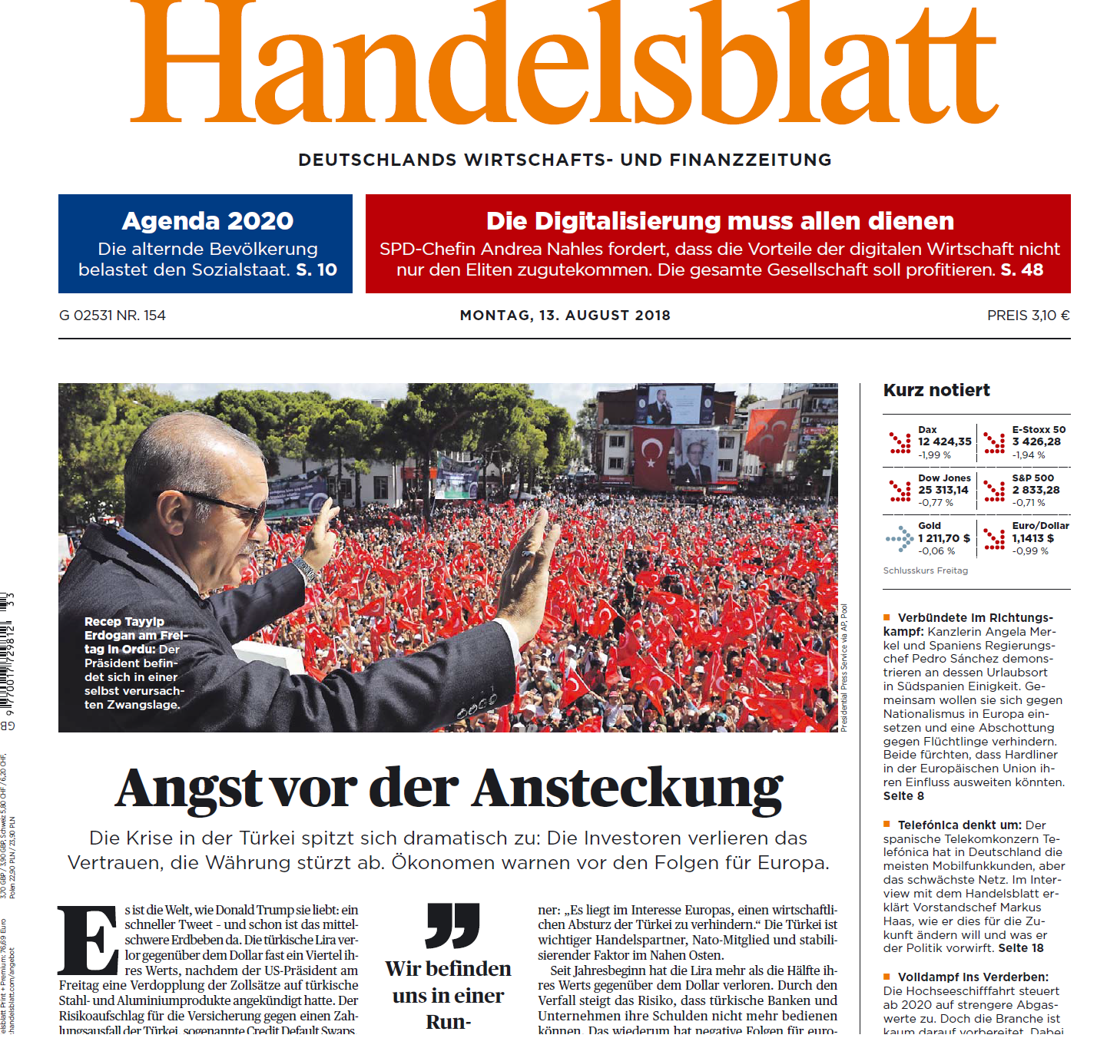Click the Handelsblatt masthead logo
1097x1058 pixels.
coord(565,65)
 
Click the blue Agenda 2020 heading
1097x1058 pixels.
coord(207,221)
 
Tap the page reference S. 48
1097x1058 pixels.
coord(1022,270)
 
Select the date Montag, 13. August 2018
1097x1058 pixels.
coord(565,316)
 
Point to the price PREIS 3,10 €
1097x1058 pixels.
coord(1028,316)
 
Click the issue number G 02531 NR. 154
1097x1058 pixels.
coord(112,316)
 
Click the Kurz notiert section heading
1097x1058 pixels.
coord(936,390)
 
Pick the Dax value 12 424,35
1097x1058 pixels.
coord(945,442)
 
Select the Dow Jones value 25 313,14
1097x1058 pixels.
coord(943,490)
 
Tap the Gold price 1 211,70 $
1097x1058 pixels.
coord(944,538)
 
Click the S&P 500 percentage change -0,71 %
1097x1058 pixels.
coord(1029,503)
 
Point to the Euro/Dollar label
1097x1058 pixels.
coord(1040,526)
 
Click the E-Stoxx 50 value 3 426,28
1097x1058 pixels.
coord(1036,442)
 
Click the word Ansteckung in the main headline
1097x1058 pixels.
coord(628,789)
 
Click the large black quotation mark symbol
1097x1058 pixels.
coord(452,925)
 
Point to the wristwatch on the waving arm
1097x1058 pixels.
coord(306,570)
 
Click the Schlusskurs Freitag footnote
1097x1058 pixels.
coord(926,570)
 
